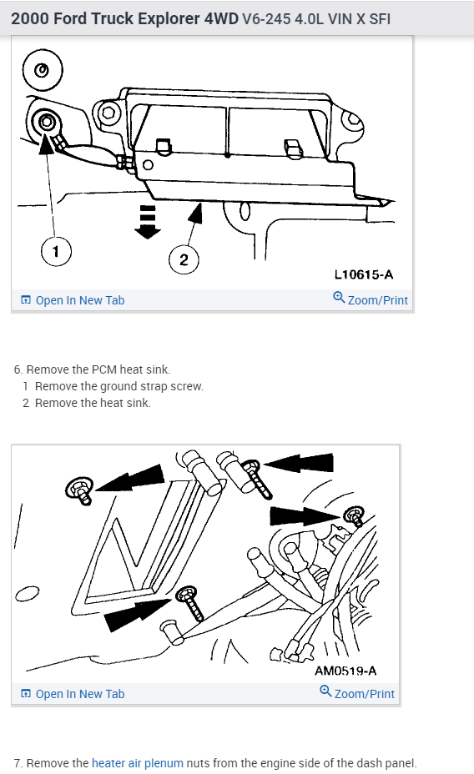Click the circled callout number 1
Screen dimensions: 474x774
pyautogui.click(x=56, y=251)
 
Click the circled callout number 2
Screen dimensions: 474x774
pyautogui.click(x=184, y=259)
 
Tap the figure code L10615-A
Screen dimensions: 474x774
pyautogui.click(x=364, y=274)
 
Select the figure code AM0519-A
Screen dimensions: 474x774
pyautogui.click(x=345, y=671)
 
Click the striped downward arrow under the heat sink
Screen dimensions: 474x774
pyautogui.click(x=148, y=222)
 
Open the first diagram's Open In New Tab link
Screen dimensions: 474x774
pyautogui.click(x=73, y=300)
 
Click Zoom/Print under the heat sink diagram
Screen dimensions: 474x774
pyautogui.click(x=371, y=299)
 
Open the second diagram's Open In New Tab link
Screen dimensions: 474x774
pyautogui.click(x=73, y=694)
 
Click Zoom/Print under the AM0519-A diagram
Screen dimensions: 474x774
pyautogui.click(x=357, y=693)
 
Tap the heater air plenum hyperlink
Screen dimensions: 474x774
pyautogui.click(x=137, y=763)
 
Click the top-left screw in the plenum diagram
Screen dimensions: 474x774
pyautogui.click(x=80, y=490)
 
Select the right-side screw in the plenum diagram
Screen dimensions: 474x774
pyautogui.click(x=355, y=515)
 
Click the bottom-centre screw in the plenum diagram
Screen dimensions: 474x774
pyautogui.click(x=190, y=603)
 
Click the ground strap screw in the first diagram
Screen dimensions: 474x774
pyautogui.click(x=46, y=122)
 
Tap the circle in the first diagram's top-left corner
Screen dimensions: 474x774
pyautogui.click(x=43, y=70)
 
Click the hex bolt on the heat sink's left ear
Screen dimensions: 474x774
pyautogui.click(x=108, y=113)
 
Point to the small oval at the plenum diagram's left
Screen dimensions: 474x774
pyautogui.click(x=28, y=593)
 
